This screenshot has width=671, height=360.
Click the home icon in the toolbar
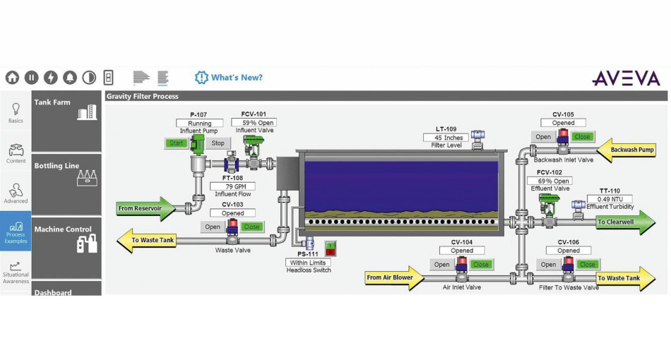click(x=13, y=78)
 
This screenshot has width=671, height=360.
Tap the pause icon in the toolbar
click(x=32, y=78)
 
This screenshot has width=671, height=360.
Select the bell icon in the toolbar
click(x=70, y=78)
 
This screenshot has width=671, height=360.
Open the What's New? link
click(x=229, y=78)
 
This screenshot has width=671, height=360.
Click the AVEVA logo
click(x=625, y=78)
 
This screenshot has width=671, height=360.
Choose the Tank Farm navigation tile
click(x=66, y=120)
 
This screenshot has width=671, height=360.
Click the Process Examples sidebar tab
click(x=16, y=230)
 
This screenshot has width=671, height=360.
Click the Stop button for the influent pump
click(x=218, y=143)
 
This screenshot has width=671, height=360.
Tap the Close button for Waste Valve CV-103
click(x=251, y=227)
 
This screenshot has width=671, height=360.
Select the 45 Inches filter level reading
click(x=448, y=138)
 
